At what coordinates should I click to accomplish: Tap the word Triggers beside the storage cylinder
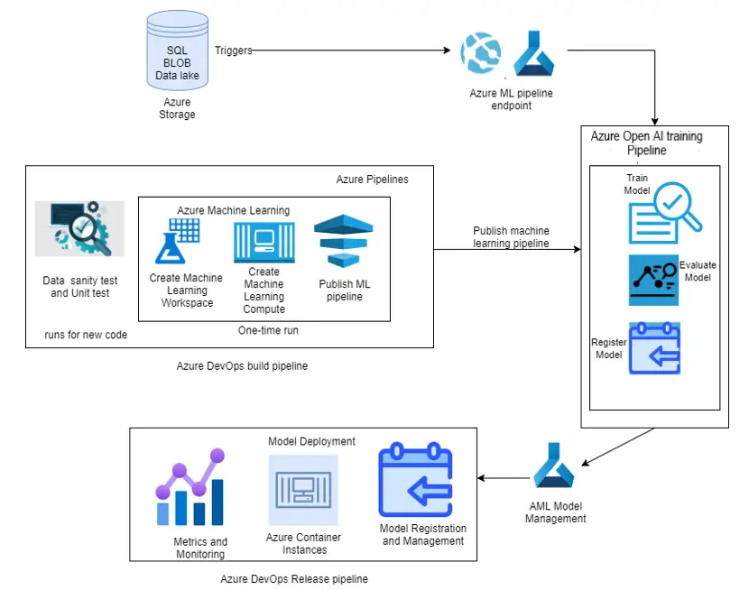(234, 51)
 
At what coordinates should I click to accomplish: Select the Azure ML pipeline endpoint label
(511, 99)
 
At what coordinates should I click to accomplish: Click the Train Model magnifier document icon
(664, 213)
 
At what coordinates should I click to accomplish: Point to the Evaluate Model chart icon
(653, 280)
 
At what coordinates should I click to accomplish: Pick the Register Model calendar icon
(654, 348)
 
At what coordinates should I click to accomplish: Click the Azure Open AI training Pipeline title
(646, 143)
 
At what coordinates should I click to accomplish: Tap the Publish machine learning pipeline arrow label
(511, 237)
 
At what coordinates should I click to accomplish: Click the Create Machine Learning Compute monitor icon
(264, 242)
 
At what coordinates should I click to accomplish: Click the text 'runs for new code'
(86, 335)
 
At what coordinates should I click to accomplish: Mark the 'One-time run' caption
(268, 330)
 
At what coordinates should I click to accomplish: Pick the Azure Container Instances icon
(303, 490)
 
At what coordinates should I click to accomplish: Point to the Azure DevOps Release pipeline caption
(294, 578)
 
